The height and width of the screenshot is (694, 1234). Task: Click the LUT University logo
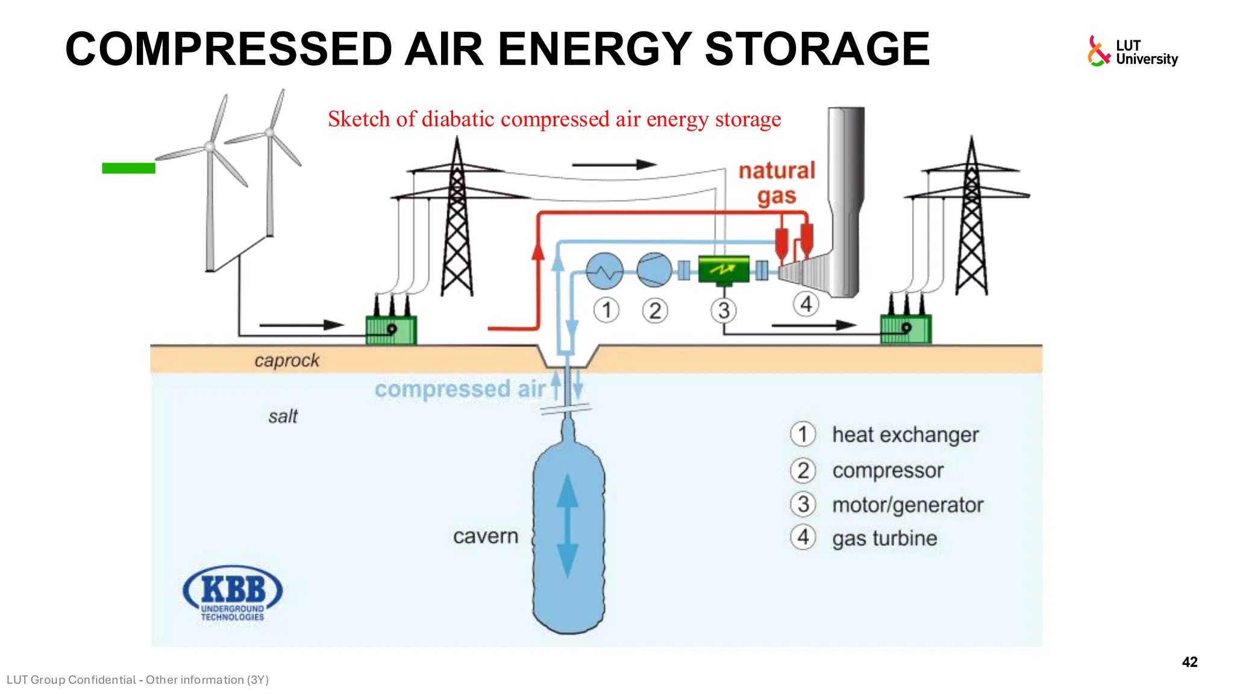[x=1132, y=52]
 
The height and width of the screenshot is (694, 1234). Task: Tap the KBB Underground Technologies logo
[x=232, y=593]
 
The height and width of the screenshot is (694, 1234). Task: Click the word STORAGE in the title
[x=817, y=49]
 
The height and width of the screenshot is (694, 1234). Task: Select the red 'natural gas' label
[x=777, y=183]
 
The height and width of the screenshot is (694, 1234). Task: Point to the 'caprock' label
[x=287, y=360]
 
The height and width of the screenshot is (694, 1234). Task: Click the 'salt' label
[x=283, y=416]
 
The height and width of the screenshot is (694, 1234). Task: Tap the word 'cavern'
[x=485, y=536]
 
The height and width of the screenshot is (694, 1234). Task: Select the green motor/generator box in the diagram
[x=723, y=269]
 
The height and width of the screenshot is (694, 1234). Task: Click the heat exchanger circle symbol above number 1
[x=604, y=270]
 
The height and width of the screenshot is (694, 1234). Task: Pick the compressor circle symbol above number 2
[x=654, y=269]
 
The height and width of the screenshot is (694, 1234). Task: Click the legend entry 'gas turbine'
[x=884, y=538]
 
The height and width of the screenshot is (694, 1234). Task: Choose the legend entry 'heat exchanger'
[x=904, y=434]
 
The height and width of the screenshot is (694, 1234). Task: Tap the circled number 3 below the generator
[x=724, y=310]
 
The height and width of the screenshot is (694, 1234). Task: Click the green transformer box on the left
[x=391, y=330]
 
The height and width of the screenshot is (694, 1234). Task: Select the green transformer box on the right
[x=905, y=329]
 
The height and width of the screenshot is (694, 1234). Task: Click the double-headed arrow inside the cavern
[x=567, y=525]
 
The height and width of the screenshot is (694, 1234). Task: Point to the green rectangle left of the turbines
[x=128, y=168]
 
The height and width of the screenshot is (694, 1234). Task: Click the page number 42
[x=1189, y=662]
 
